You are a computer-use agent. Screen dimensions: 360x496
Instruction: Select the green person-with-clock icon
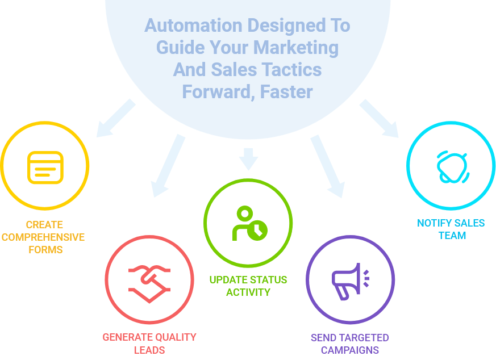click(248, 223)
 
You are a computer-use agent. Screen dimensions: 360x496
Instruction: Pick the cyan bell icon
click(452, 166)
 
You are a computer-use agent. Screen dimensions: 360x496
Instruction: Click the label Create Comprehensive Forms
click(44, 237)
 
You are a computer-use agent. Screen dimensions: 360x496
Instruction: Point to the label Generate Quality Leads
click(149, 343)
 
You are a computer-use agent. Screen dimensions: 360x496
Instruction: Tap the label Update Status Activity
click(248, 286)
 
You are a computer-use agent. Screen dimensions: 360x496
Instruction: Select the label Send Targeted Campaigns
click(350, 344)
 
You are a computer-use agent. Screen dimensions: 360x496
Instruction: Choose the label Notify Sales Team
click(452, 229)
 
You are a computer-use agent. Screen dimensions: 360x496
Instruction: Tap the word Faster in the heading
click(286, 91)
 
